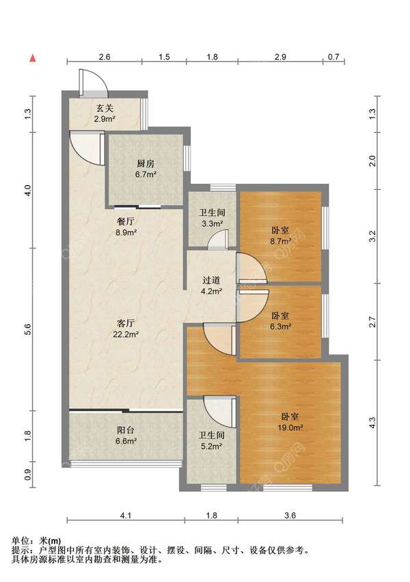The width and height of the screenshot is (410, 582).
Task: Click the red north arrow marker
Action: click(33, 58)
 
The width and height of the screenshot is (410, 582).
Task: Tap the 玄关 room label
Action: click(105, 109)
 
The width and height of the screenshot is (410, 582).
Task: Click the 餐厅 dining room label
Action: click(126, 221)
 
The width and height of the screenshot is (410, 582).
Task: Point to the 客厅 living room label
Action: click(126, 323)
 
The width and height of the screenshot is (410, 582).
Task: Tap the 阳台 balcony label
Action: click(126, 430)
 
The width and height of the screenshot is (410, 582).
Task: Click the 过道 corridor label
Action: click(211, 280)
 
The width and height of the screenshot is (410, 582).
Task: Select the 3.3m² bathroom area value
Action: click(212, 224)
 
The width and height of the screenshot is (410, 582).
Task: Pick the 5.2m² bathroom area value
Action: click(211, 446)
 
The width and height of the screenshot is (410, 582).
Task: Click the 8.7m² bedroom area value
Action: click(280, 241)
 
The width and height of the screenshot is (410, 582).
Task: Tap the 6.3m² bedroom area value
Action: click(280, 327)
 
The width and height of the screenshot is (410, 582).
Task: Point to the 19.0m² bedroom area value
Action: click(290, 428)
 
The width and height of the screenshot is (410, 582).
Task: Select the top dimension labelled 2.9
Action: click(280, 57)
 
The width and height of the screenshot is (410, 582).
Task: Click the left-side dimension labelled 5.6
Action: click(28, 329)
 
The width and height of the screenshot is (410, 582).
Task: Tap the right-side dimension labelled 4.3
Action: click(373, 422)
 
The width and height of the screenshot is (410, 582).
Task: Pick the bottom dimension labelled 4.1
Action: click(126, 515)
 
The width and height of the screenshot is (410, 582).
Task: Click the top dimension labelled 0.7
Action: click(334, 57)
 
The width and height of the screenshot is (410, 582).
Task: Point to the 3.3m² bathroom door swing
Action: click(217, 239)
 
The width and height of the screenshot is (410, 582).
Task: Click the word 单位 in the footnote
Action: click(20, 541)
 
